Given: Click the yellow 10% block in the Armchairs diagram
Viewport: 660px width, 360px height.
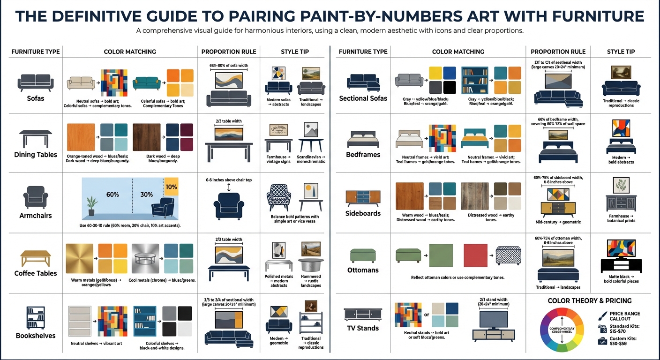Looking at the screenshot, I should (x=172, y=186).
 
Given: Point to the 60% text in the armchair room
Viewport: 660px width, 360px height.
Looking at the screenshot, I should (x=112, y=194).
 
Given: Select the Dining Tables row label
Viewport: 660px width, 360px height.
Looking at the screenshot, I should (x=36, y=155).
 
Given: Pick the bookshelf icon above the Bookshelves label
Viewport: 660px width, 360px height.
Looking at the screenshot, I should (x=36, y=317).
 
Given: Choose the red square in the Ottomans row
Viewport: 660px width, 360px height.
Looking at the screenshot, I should (x=476, y=255).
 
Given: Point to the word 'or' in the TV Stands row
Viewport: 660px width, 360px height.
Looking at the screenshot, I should (x=427, y=315).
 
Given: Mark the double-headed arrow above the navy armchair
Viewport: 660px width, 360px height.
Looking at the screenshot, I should (x=228, y=187).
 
